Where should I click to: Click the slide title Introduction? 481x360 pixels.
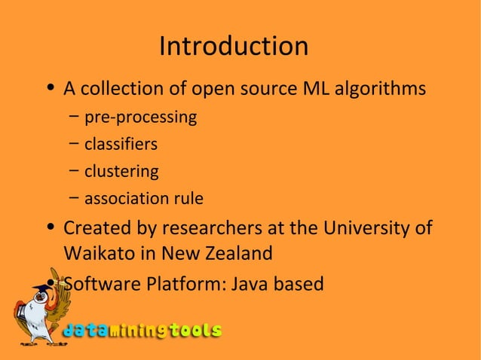[x=234, y=47]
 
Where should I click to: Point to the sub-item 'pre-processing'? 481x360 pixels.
[x=140, y=118]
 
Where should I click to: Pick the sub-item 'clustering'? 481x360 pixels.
[x=121, y=172]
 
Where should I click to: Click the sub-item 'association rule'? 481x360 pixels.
[x=143, y=199]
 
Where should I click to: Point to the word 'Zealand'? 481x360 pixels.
[x=236, y=254]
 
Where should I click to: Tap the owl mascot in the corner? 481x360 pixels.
[x=36, y=309]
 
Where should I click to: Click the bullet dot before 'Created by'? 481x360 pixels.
[x=50, y=228]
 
